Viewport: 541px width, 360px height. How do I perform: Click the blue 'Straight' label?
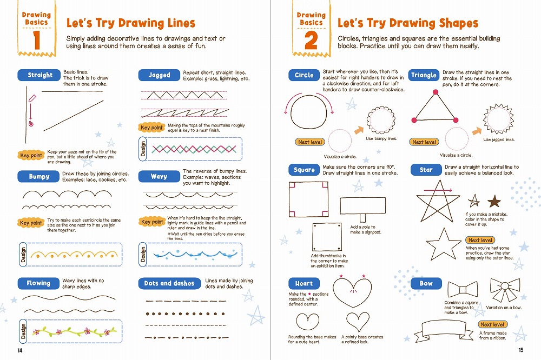click(40, 75)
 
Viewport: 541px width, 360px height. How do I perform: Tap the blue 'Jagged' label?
click(159, 75)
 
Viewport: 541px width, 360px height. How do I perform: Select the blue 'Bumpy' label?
click(38, 177)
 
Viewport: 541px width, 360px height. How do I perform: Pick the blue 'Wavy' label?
click(159, 177)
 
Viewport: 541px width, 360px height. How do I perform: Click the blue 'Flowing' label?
click(38, 283)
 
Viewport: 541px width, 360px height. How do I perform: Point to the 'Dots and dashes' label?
click(169, 283)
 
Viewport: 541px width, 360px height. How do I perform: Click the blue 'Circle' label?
click(304, 75)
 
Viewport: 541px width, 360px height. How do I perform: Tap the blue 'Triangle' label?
click(424, 75)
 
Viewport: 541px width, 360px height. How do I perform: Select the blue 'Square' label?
click(304, 170)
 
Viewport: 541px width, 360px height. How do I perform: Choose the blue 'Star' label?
click(426, 170)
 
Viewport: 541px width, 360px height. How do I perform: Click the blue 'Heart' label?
click(304, 283)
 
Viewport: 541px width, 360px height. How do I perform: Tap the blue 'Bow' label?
click(426, 283)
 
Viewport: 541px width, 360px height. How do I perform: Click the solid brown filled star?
click(494, 201)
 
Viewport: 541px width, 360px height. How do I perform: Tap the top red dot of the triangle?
click(436, 92)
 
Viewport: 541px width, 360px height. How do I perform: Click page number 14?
click(19, 350)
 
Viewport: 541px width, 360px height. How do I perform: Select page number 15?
click(521, 350)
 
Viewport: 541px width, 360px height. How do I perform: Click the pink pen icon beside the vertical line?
click(32, 98)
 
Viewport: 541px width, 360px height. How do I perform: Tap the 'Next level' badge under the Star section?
click(480, 240)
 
